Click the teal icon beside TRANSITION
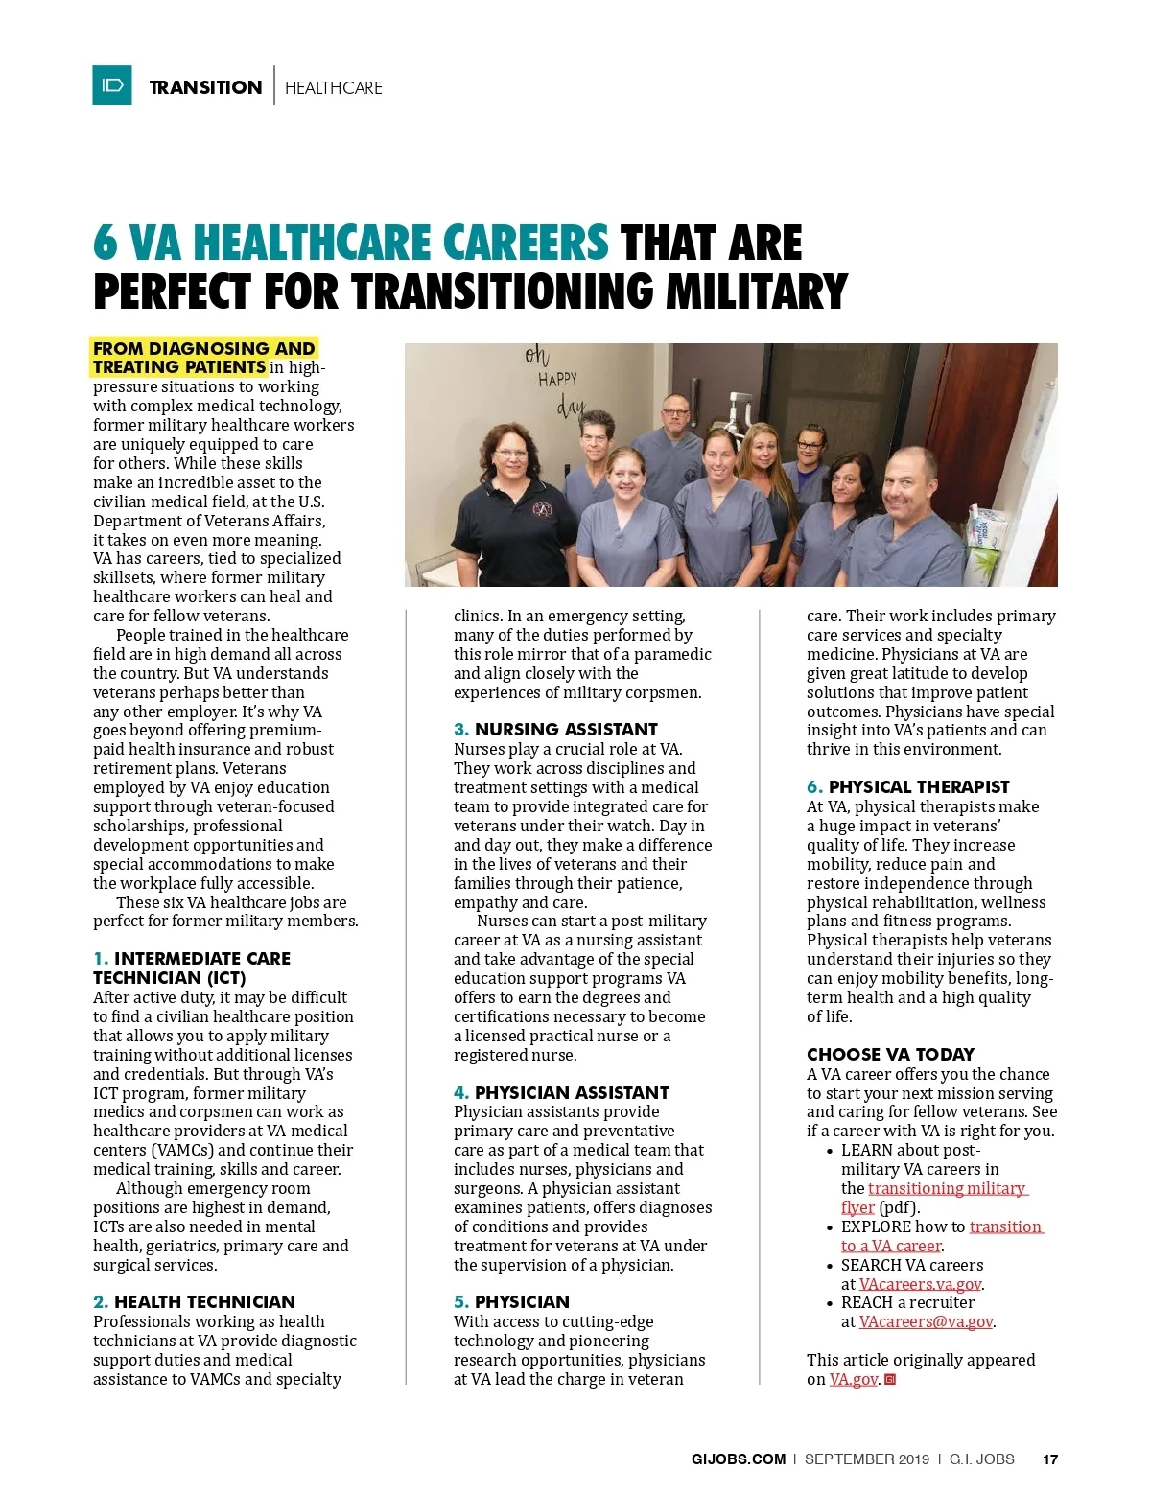click(112, 85)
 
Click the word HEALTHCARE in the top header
click(334, 88)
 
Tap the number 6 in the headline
click(105, 244)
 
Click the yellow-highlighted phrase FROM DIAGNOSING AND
click(204, 348)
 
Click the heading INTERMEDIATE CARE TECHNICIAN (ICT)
click(192, 968)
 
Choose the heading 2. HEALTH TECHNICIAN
click(194, 1301)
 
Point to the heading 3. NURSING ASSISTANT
click(555, 729)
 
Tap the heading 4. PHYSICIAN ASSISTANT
click(561, 1092)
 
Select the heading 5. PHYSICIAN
click(511, 1301)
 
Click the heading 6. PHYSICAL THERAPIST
click(908, 786)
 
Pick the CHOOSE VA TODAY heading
click(890, 1054)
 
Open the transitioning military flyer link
click(947, 1189)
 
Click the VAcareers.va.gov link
click(920, 1284)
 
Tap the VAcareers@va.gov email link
click(926, 1321)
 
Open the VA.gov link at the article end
click(853, 1379)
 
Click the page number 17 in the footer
click(1050, 1459)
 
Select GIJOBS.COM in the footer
click(738, 1459)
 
